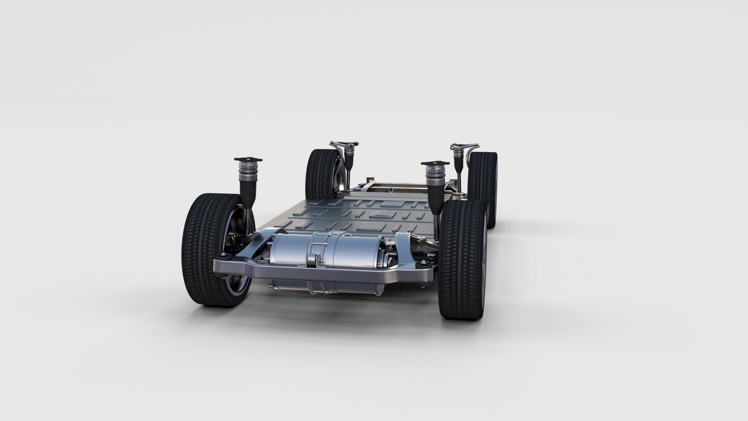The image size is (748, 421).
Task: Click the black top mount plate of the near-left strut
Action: click(x=248, y=160)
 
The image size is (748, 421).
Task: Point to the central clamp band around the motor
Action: click(x=319, y=249)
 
